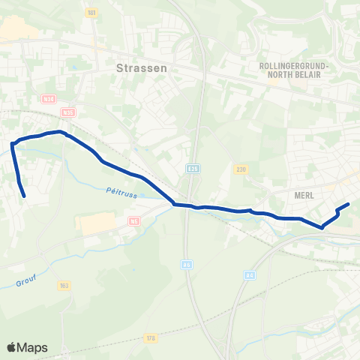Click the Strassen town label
coord(142,67)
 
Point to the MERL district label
coord(304,194)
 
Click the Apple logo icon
coord(13,347)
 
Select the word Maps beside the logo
coord(34,347)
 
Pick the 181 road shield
coord(92,13)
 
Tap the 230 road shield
coord(240,169)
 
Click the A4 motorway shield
coord(250,275)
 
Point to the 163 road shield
coord(64,286)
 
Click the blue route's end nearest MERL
coord(348,204)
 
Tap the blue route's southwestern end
coord(25,196)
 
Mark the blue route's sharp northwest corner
coord(13,143)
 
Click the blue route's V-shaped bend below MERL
coord(322,226)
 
